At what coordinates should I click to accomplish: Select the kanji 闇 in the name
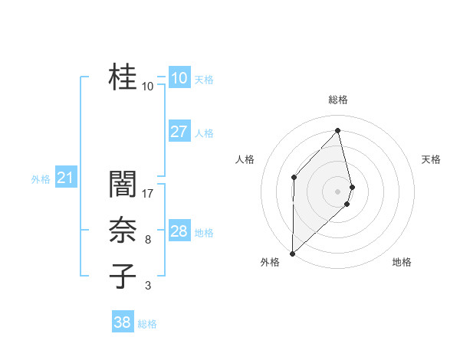pyautogui.click(x=123, y=185)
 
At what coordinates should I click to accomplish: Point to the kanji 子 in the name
pyautogui.click(x=123, y=276)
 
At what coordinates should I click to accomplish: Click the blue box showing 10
pyautogui.click(x=179, y=78)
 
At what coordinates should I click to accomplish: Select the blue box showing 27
pyautogui.click(x=179, y=132)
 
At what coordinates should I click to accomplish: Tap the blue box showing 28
pyautogui.click(x=179, y=231)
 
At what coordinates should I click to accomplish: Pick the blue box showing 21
pyautogui.click(x=65, y=178)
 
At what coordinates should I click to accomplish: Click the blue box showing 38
pyautogui.click(x=123, y=322)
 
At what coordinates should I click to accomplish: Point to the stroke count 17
pyautogui.click(x=148, y=194)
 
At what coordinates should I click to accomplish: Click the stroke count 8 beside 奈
pyautogui.click(x=148, y=241)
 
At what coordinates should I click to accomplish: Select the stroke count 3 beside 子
pyautogui.click(x=148, y=286)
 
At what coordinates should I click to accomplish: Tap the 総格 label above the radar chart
pyautogui.click(x=338, y=100)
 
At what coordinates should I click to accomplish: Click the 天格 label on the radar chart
pyautogui.click(x=432, y=159)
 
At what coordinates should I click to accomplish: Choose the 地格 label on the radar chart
pyautogui.click(x=402, y=262)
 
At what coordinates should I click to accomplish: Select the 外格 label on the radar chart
pyautogui.click(x=270, y=262)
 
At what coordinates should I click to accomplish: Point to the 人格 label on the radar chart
pyautogui.click(x=245, y=159)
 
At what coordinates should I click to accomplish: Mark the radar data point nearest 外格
pyautogui.click(x=292, y=253)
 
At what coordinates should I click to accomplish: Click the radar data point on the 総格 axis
pyautogui.click(x=338, y=129)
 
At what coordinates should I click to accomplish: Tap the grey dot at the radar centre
pyautogui.click(x=338, y=191)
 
